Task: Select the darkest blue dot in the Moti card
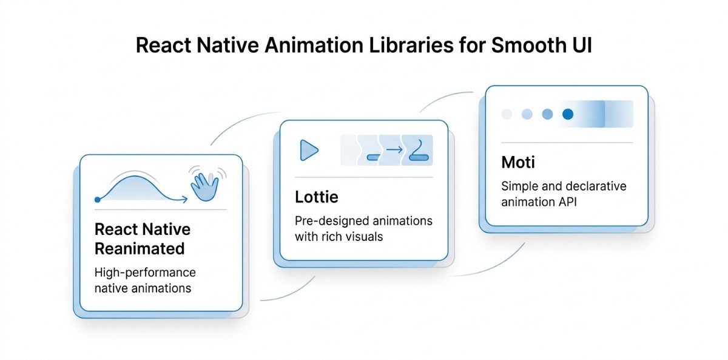coord(568,114)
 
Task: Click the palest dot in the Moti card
coord(507,114)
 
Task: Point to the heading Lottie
coord(316,197)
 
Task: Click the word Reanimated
coord(140,248)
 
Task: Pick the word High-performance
coord(145,273)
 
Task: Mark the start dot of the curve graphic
coord(98,199)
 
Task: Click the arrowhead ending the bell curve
coord(184,198)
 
